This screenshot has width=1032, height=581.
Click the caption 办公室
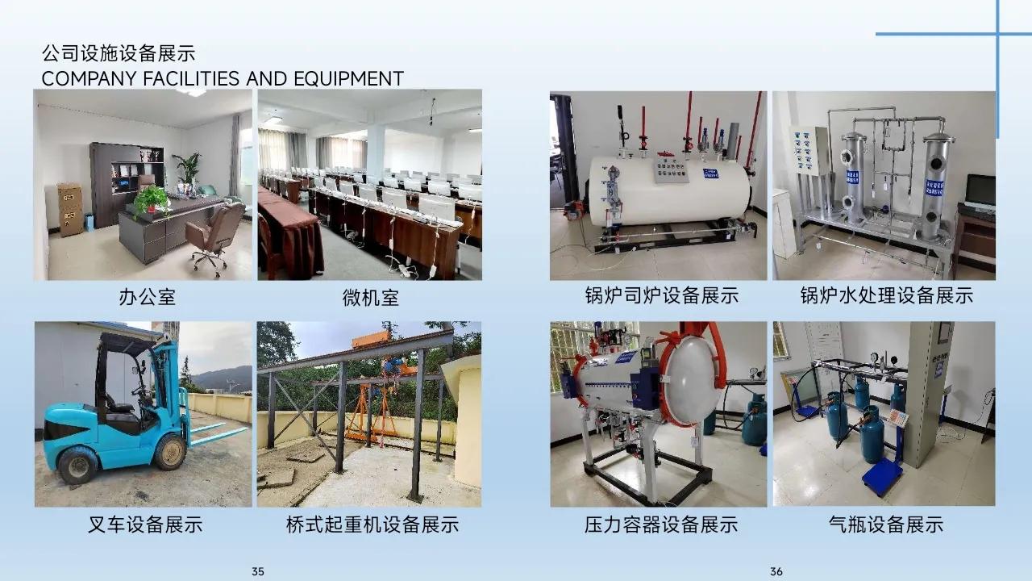(x=147, y=297)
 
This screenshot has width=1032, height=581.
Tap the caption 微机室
(x=370, y=297)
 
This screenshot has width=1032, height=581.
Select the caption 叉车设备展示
(x=145, y=525)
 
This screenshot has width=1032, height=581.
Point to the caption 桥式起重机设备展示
(x=372, y=525)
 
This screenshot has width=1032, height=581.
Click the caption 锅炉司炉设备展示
(x=661, y=295)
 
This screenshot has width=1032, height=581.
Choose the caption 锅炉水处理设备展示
(x=886, y=295)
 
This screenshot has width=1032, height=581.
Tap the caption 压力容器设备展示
(x=661, y=525)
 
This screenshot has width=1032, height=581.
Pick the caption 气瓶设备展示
(x=885, y=525)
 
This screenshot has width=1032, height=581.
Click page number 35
(x=258, y=571)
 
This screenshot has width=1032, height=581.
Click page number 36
(x=776, y=571)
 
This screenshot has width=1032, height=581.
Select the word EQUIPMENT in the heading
(x=348, y=78)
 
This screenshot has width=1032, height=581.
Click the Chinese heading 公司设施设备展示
(x=119, y=54)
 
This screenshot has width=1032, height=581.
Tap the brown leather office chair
(x=214, y=234)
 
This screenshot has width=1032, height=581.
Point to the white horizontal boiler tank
(x=669, y=190)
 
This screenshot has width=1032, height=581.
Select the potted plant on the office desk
(x=151, y=199)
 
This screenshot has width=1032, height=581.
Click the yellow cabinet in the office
(x=70, y=209)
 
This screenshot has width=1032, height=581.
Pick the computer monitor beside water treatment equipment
(x=980, y=192)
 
